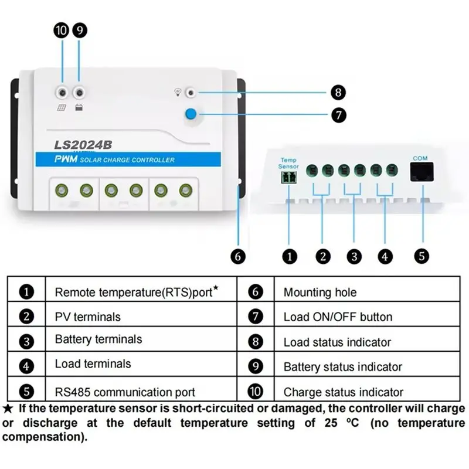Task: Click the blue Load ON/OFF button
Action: pyautogui.click(x=191, y=114)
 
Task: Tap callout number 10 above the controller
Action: pyautogui.click(x=62, y=30)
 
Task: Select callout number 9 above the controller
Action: pyautogui.click(x=80, y=30)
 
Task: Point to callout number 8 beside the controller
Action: pyautogui.click(x=338, y=93)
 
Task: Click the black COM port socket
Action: pyautogui.click(x=422, y=172)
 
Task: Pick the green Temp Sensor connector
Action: pyautogui.click(x=288, y=178)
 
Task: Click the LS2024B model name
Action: pyautogui.click(x=83, y=145)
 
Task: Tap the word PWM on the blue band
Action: pyautogui.click(x=66, y=159)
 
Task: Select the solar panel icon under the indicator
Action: pyautogui.click(x=62, y=107)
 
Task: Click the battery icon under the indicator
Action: pyautogui.click(x=79, y=107)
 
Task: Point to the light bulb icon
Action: pyautogui.click(x=178, y=93)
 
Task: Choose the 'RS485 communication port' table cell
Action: pyautogui.click(x=141, y=389)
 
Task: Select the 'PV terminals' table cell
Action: pyautogui.click(x=141, y=314)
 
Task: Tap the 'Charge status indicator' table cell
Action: pyautogui.click(x=367, y=389)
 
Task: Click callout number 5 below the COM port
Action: pyautogui.click(x=422, y=256)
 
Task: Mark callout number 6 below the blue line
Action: pyautogui.click(x=238, y=257)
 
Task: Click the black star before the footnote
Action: pyautogui.click(x=8, y=409)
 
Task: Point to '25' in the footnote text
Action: pyautogui.click(x=331, y=423)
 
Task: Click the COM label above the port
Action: pyautogui.click(x=420, y=158)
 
